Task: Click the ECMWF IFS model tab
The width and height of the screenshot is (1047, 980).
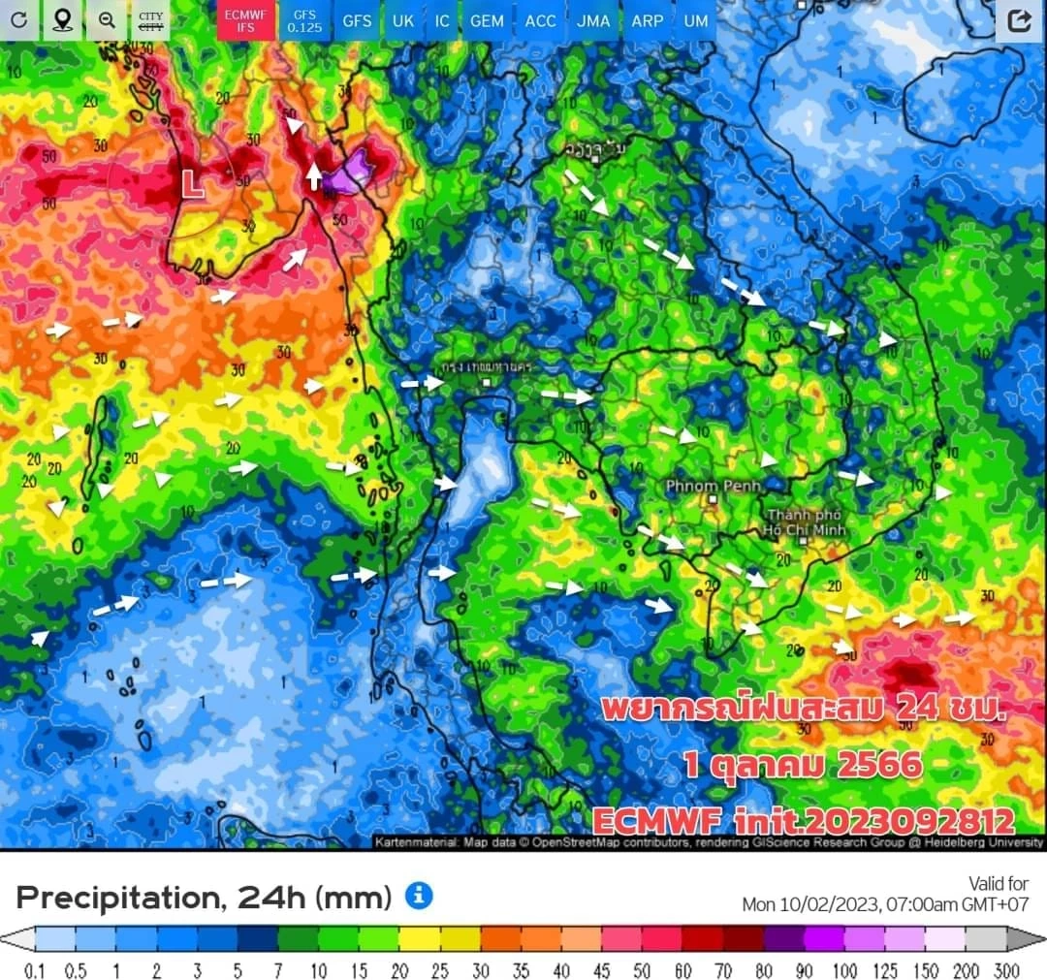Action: pos(244,20)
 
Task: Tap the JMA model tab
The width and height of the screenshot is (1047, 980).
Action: pos(593,20)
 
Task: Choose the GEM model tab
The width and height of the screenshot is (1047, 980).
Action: pos(486,20)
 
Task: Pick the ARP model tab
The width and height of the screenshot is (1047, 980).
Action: pos(647,20)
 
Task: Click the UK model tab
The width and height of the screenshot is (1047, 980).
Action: pos(402,20)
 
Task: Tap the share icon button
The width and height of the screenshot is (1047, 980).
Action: pos(1019,21)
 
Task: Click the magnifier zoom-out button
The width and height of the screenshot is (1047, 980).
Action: pos(107,20)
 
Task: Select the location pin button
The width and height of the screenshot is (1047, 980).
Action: pos(63,20)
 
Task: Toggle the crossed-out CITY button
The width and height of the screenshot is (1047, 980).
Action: pos(150,20)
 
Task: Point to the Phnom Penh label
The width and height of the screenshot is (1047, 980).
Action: pos(713,485)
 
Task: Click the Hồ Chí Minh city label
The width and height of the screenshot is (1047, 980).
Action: pos(804,522)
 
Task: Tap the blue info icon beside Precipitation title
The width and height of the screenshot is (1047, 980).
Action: pos(418,896)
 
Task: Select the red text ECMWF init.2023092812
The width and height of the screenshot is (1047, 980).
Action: pos(803,821)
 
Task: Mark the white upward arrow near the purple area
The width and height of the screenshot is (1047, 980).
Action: pos(314,175)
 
